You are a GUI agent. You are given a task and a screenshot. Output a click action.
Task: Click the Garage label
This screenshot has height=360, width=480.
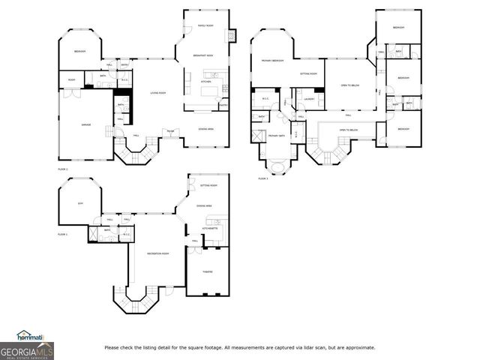(x=86, y=124)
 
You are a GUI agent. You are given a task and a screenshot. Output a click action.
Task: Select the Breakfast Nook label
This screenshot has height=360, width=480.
(x=205, y=55)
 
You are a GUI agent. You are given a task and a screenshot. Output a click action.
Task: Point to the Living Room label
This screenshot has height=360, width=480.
(x=158, y=93)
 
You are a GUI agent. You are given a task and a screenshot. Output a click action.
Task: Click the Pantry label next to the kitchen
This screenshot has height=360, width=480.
(x=223, y=106)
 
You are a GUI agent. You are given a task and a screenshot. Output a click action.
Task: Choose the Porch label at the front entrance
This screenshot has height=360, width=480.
(x=171, y=131)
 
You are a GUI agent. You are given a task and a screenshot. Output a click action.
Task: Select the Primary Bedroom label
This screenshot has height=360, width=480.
(x=271, y=60)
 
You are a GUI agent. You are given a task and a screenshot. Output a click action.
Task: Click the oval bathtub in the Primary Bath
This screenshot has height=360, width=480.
(x=276, y=166)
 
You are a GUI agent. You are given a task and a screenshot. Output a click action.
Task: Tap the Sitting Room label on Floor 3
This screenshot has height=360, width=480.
(x=308, y=73)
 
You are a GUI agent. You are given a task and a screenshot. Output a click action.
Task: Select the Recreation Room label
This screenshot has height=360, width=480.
(x=156, y=254)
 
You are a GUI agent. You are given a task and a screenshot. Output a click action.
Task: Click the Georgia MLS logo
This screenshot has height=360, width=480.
(x=27, y=349)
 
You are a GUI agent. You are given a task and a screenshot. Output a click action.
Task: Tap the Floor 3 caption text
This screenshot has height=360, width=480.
(x=263, y=178)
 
